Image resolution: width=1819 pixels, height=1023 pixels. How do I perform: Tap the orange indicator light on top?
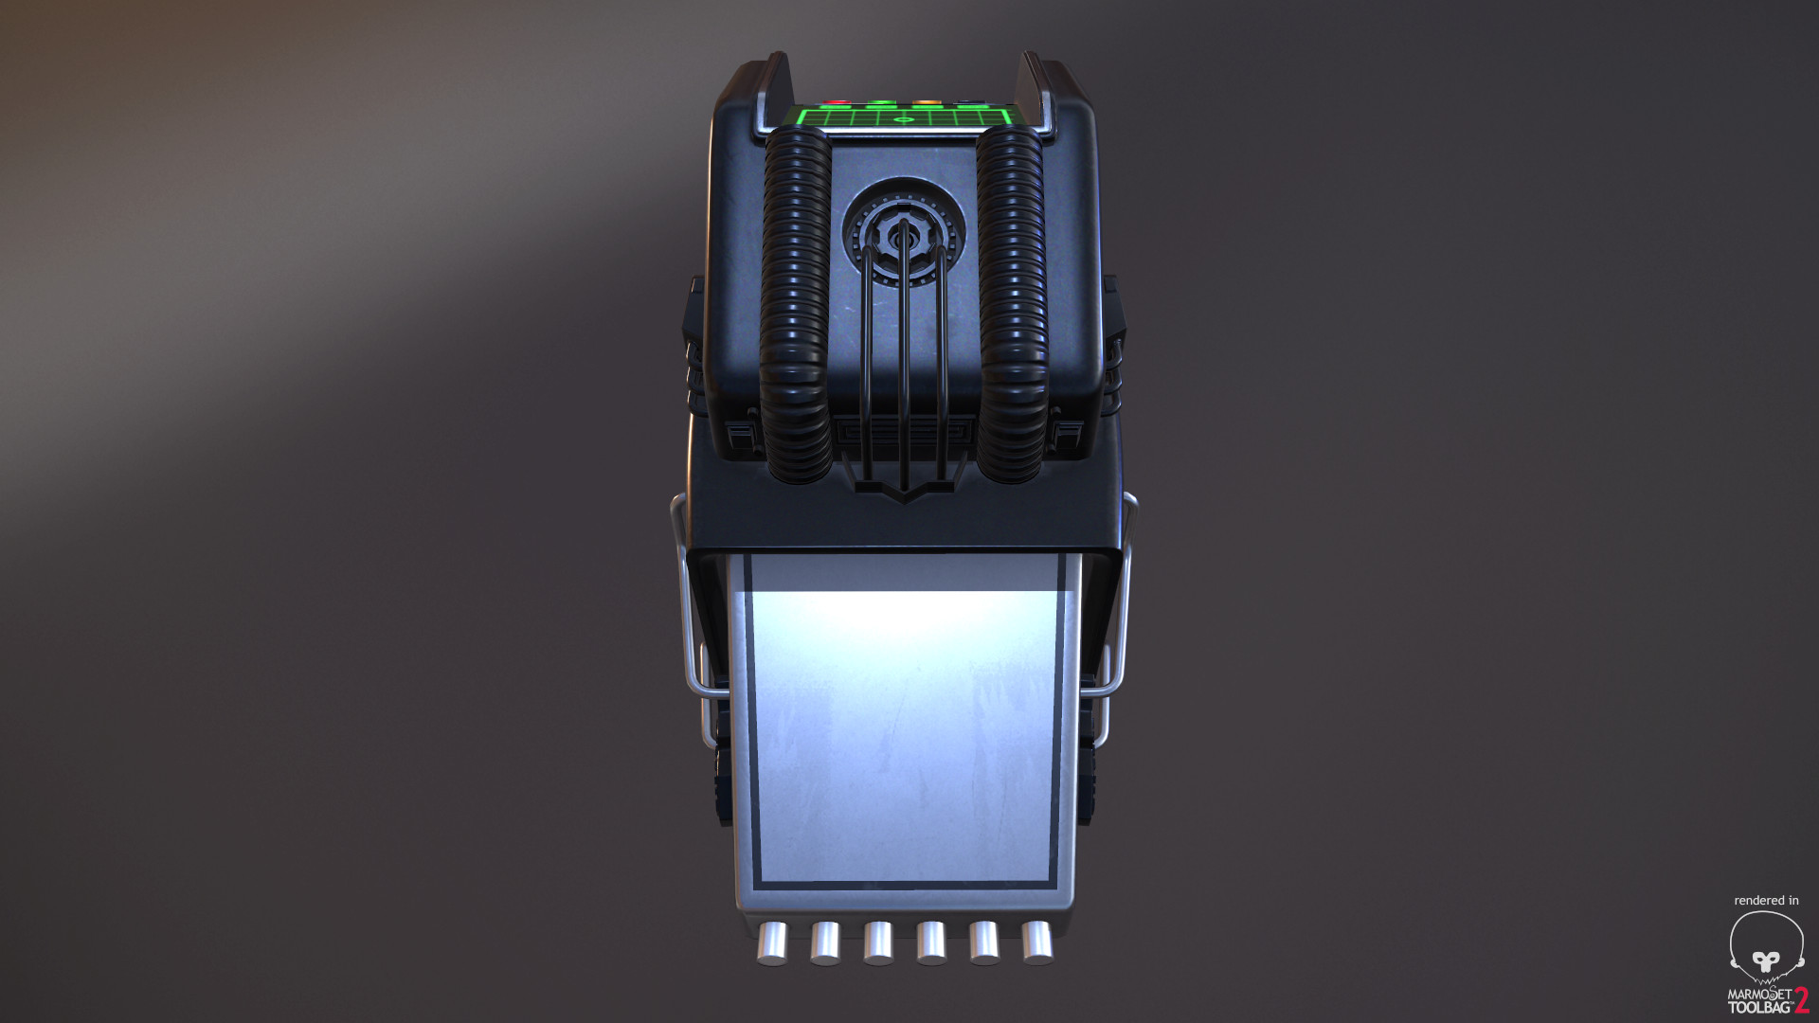[x=926, y=102]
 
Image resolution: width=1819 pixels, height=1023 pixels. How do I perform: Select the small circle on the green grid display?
[x=900, y=120]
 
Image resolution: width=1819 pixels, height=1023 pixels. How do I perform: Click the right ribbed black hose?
[x=1012, y=303]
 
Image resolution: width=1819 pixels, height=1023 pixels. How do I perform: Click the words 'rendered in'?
[x=1766, y=900]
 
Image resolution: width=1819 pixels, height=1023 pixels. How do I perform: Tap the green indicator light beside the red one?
[x=881, y=102]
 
